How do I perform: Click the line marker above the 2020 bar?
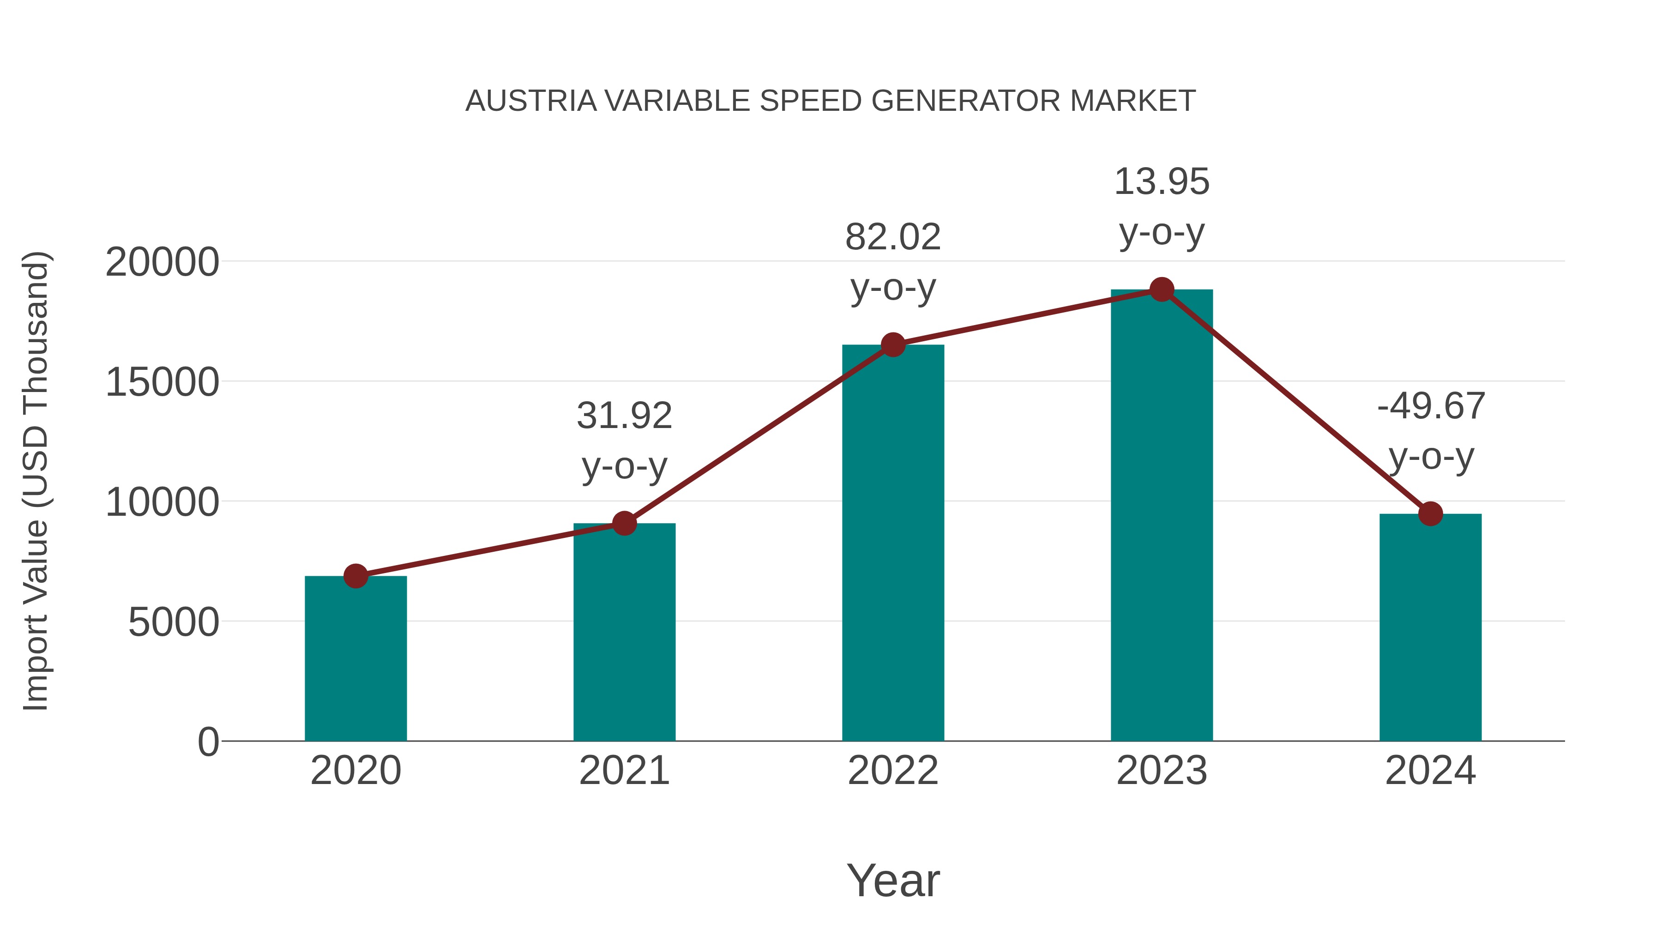pyautogui.click(x=355, y=576)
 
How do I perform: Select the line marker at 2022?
pyautogui.click(x=893, y=345)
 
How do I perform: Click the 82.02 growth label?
pyautogui.click(x=893, y=237)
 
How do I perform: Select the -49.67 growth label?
pyautogui.click(x=1430, y=406)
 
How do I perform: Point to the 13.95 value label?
pyautogui.click(x=1162, y=181)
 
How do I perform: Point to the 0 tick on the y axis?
pyautogui.click(x=208, y=742)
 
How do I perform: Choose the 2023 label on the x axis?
pyautogui.click(x=1162, y=771)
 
